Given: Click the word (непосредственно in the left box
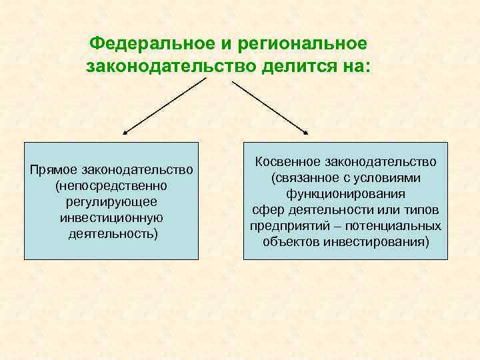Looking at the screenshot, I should [x=111, y=185].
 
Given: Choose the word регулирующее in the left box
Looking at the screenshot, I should [x=111, y=201].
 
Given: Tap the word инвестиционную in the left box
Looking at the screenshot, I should [x=111, y=218].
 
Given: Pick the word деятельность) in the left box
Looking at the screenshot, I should [x=111, y=235].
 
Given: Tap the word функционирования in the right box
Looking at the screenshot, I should [x=345, y=194].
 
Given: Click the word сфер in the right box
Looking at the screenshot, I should [x=265, y=210].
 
